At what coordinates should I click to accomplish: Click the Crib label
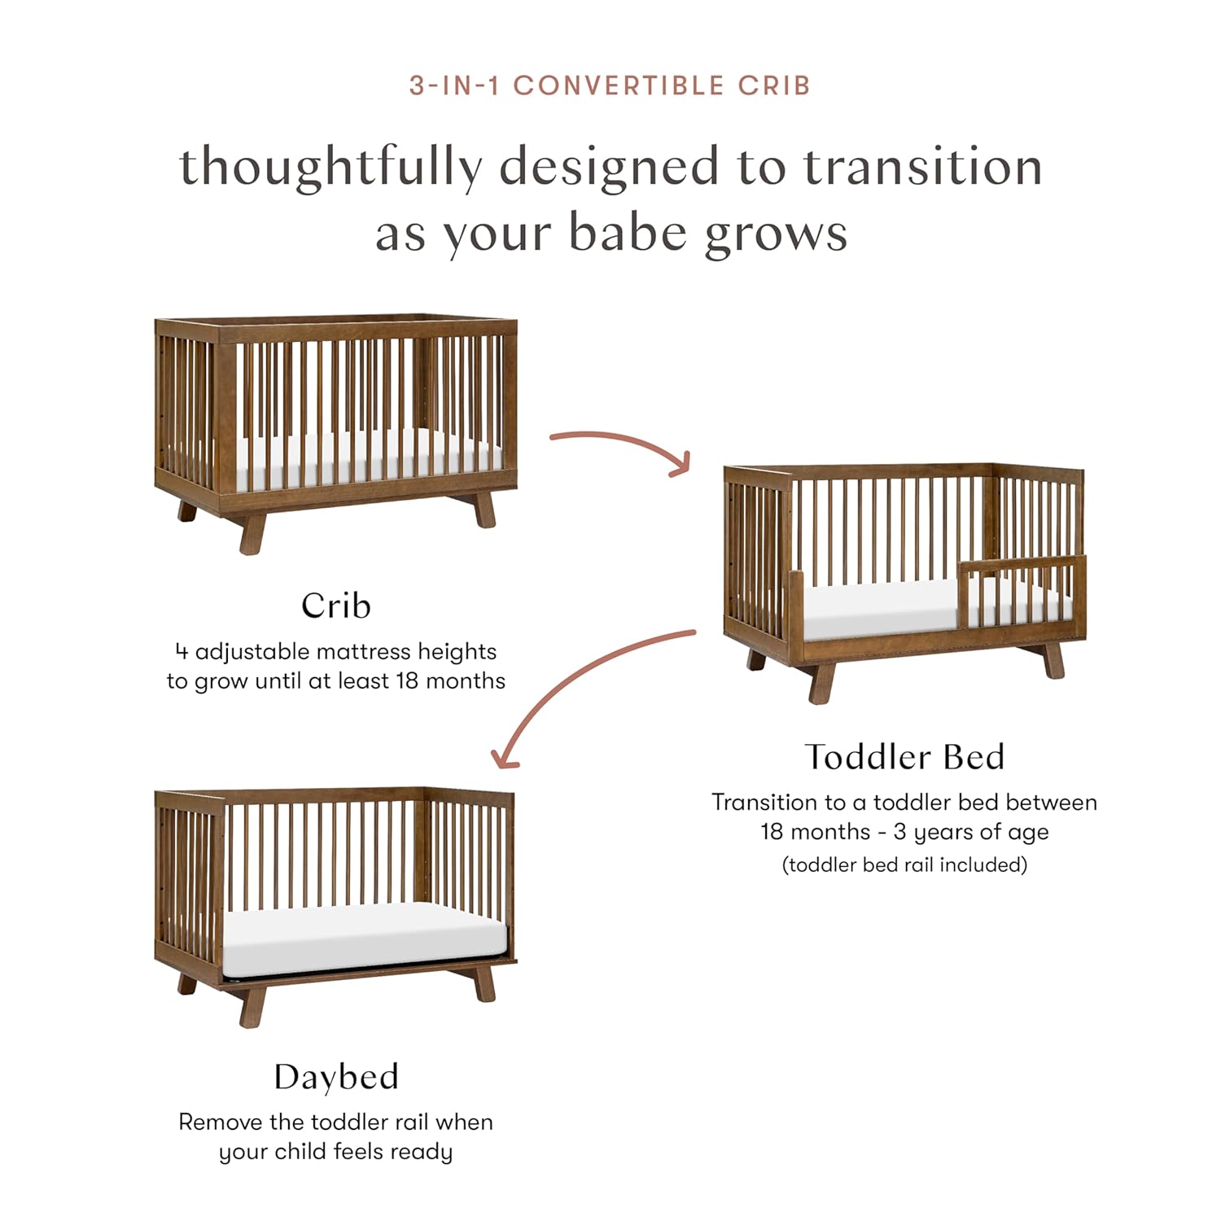pyautogui.click(x=335, y=606)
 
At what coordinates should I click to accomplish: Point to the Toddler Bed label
pyautogui.click(x=904, y=757)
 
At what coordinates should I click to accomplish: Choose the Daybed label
pyautogui.click(x=335, y=1077)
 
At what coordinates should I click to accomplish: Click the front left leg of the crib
pyautogui.click(x=252, y=533)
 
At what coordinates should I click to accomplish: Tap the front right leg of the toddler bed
pyautogui.click(x=1053, y=660)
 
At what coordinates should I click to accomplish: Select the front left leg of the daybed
pyautogui.click(x=252, y=1006)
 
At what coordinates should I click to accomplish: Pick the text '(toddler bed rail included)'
pyautogui.click(x=904, y=864)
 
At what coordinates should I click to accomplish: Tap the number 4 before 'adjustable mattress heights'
pyautogui.click(x=182, y=652)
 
